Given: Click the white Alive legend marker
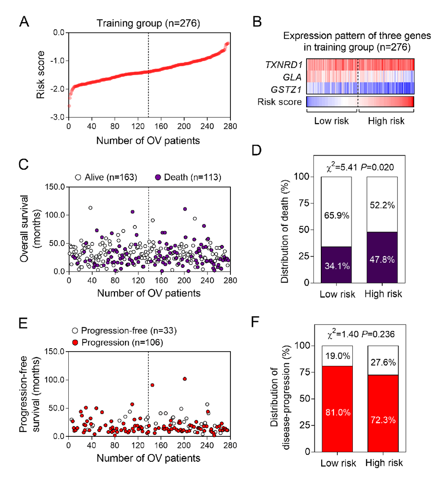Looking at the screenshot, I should pos(78,177).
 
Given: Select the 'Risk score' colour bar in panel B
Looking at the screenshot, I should pos(360,102).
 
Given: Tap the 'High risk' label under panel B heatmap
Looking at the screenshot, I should pos(386,121).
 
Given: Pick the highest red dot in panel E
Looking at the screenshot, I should pos(185,379).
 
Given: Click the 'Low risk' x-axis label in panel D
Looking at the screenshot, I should pos(337,294).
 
